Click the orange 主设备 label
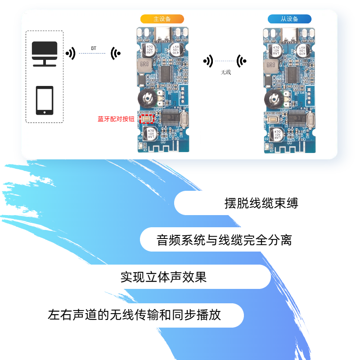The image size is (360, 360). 162,19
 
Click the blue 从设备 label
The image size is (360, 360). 289,19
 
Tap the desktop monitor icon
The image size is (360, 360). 44,54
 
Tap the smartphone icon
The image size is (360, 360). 45,100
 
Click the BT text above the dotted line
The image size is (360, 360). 94,48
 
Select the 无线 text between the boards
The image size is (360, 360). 226,72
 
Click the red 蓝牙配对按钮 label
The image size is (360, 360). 116,119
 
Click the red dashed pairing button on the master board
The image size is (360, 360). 146,118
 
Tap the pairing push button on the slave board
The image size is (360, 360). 273,119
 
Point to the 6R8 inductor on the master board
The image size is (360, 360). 144,66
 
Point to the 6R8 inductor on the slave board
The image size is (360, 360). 271,67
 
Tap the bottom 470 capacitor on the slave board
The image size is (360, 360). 276,135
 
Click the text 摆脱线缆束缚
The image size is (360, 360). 261,203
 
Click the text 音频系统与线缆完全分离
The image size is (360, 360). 224,240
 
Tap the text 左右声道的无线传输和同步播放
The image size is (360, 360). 134,314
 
